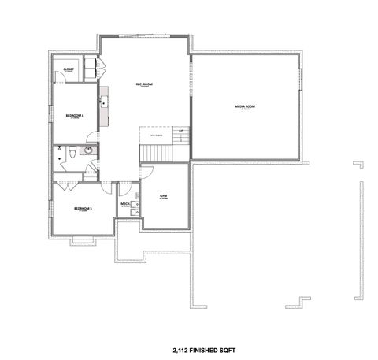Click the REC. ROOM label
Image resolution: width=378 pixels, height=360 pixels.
144,86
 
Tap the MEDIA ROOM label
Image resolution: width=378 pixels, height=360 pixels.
246,106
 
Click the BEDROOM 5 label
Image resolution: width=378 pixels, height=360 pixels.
83,208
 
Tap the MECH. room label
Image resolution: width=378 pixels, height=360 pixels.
125,203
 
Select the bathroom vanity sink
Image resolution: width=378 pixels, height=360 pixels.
87,150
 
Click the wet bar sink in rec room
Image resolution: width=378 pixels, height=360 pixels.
102,102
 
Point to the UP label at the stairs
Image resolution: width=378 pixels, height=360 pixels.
180,131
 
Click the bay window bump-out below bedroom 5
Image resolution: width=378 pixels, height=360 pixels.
79,239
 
